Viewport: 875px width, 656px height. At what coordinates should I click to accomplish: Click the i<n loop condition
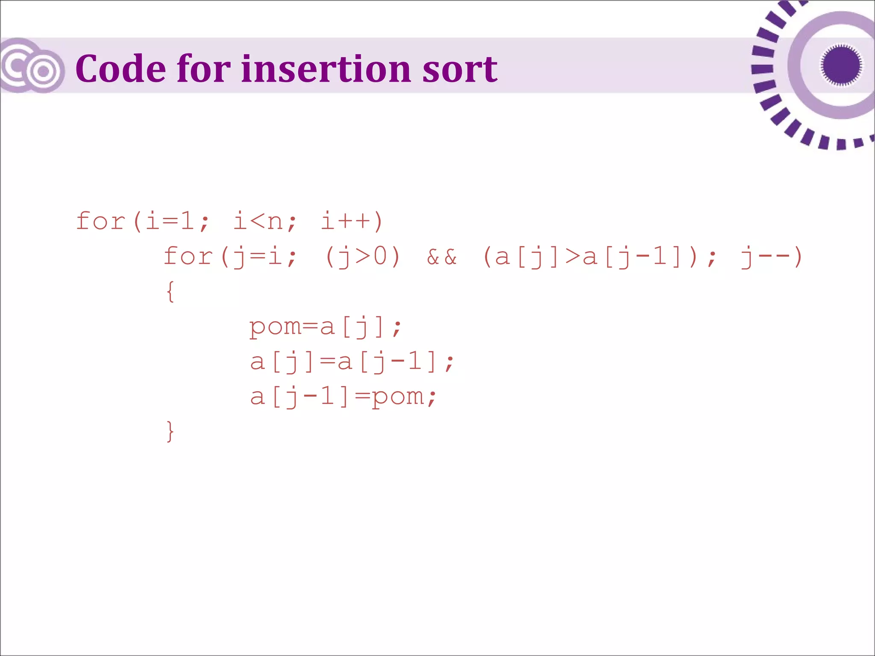pyautogui.click(x=258, y=221)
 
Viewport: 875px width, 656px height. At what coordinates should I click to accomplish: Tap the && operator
pyautogui.click(x=442, y=257)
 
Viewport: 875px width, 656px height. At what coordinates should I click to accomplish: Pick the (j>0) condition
pyautogui.click(x=363, y=257)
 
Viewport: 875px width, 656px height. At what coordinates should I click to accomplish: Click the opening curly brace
pyautogui.click(x=170, y=292)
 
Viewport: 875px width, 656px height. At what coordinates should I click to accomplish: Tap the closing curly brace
pyautogui.click(x=170, y=431)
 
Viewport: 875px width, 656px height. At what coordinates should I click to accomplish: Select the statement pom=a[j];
pyautogui.click(x=325, y=328)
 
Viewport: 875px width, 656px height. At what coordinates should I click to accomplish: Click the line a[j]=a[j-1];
pyautogui.click(x=352, y=363)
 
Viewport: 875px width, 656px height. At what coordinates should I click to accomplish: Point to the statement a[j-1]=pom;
pyautogui.click(x=343, y=397)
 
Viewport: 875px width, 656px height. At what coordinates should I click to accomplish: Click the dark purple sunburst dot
pyautogui.click(x=841, y=65)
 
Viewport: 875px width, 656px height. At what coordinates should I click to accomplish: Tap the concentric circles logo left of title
pyautogui.click(x=32, y=66)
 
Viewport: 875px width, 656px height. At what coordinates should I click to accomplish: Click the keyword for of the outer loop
pyautogui.click(x=100, y=221)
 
